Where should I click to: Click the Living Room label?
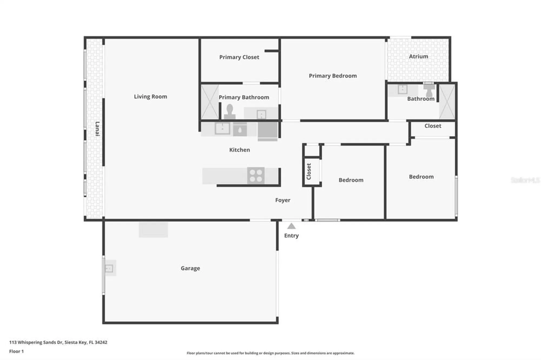pyautogui.click(x=150, y=96)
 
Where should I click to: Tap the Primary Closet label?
pyautogui.click(x=239, y=57)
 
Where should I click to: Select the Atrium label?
pyautogui.click(x=418, y=56)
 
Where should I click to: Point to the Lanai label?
pyautogui.click(x=97, y=129)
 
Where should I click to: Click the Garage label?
pyautogui.click(x=190, y=268)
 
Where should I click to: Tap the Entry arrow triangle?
pyautogui.click(x=291, y=226)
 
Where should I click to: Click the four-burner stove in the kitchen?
pyautogui.click(x=256, y=176)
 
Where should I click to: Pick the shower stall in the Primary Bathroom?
pyautogui.click(x=210, y=102)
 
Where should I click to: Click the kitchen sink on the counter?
pyautogui.click(x=222, y=129)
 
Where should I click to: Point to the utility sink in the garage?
pyautogui.click(x=109, y=268)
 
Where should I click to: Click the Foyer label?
pyautogui.click(x=283, y=200)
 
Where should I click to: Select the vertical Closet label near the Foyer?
pyautogui.click(x=309, y=171)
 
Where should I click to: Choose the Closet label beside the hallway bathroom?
pyautogui.click(x=433, y=126)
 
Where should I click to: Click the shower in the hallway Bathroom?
pyautogui.click(x=447, y=102)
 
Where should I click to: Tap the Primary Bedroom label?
pyautogui.click(x=333, y=76)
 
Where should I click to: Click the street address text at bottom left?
pyautogui.click(x=58, y=342)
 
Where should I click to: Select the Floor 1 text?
pyautogui.click(x=17, y=351)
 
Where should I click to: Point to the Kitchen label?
pyautogui.click(x=239, y=150)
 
